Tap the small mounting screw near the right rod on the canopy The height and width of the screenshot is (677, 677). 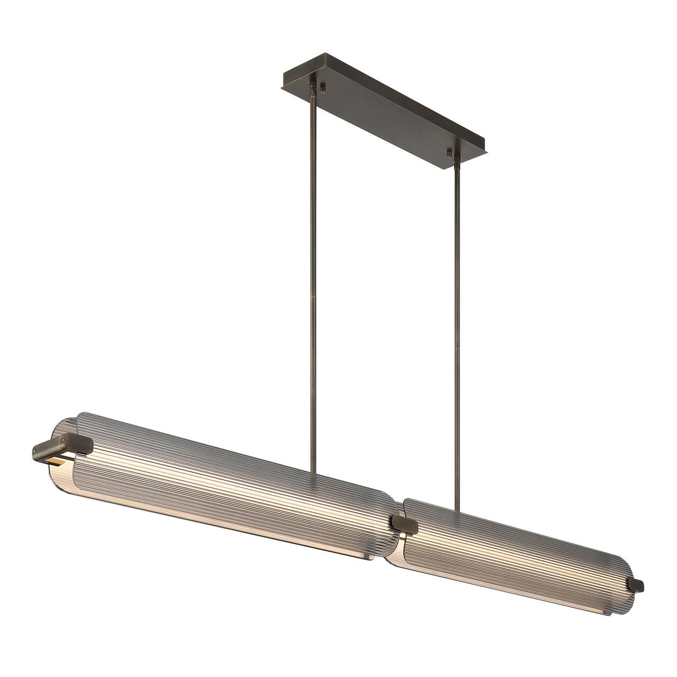click(448, 153)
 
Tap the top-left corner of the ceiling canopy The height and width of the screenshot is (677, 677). click(283, 72)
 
